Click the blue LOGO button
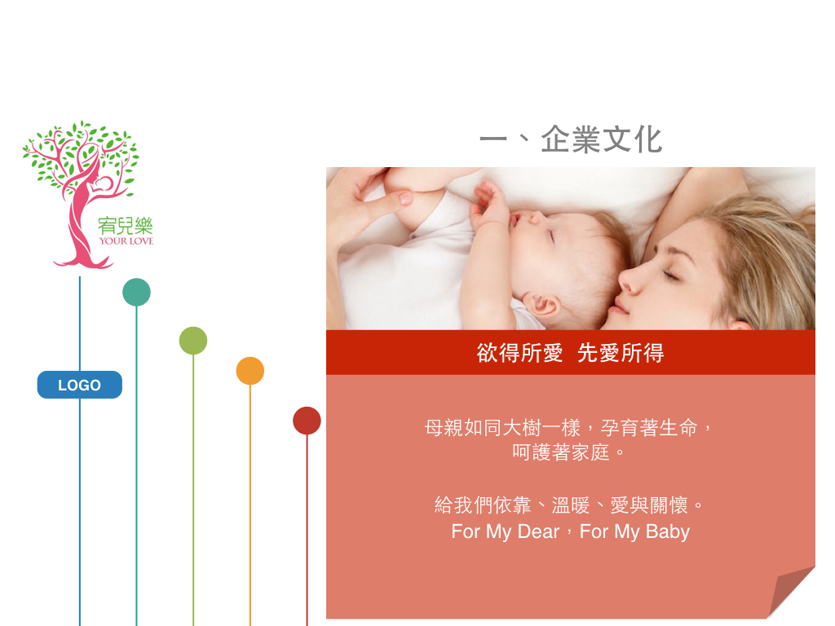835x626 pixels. tap(79, 385)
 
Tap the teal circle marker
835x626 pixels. tap(136, 293)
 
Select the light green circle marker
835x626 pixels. tap(193, 341)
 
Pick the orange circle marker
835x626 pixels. tap(250, 371)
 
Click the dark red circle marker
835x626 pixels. tap(307, 421)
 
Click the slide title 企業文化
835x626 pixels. tap(602, 139)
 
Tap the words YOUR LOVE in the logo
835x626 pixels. tap(126, 240)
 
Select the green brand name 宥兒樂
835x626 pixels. tap(125, 226)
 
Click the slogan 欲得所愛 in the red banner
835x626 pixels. tap(519, 353)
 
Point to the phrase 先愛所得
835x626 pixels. tap(621, 353)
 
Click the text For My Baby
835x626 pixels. tap(634, 531)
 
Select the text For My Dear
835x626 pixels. tap(506, 531)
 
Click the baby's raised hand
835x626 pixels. tap(490, 204)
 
